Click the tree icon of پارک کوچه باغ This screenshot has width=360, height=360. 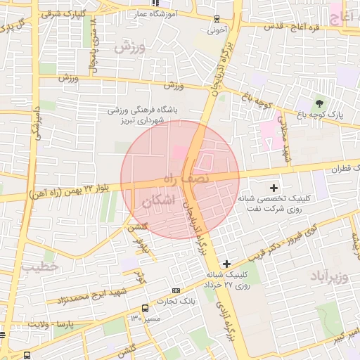coord(321,104)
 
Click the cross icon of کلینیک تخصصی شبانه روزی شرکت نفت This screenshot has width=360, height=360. coord(274,188)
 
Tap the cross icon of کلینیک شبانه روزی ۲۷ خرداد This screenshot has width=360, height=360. coord(226,263)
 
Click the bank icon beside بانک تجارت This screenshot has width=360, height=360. coord(175,290)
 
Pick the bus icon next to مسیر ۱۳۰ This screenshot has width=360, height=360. coord(145,308)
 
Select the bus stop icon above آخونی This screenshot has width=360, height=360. coord(216,19)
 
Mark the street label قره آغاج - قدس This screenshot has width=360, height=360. coord(288,27)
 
